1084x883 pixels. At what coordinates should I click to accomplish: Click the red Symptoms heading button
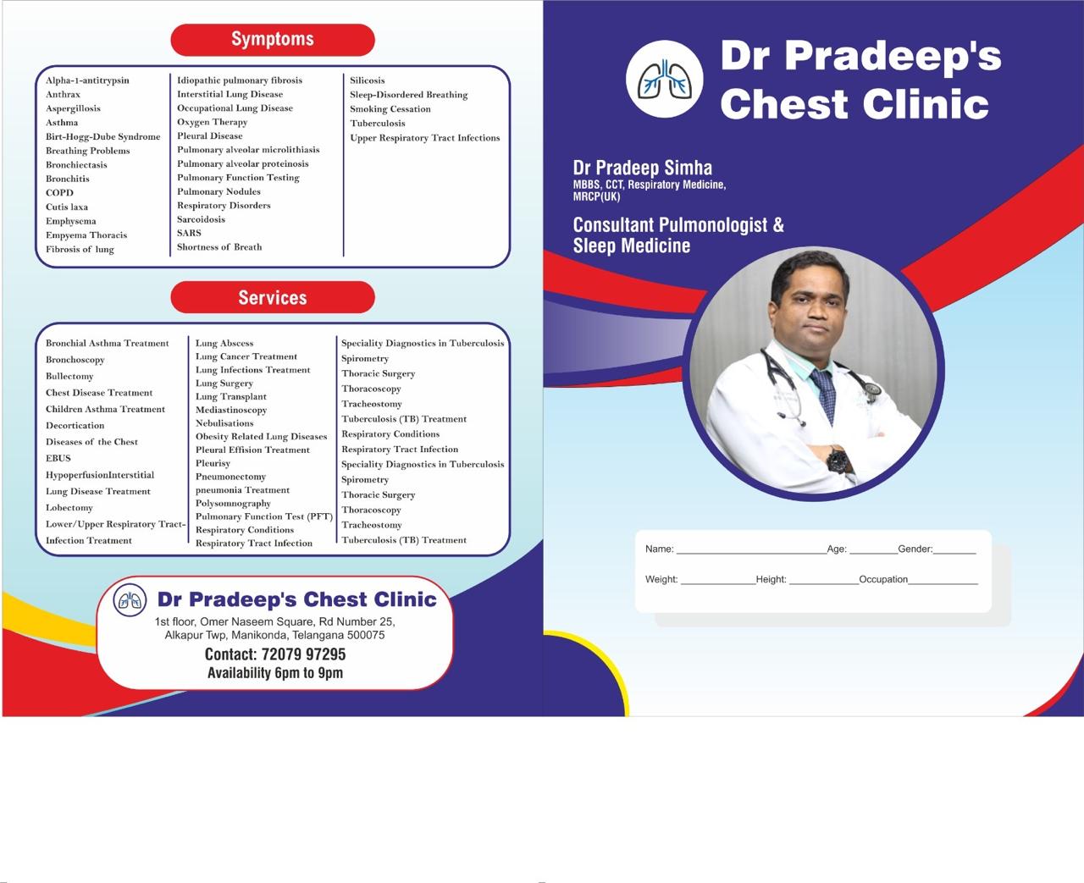(x=273, y=40)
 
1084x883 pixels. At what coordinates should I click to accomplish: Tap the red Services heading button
(x=273, y=297)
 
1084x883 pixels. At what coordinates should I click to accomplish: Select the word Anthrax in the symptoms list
(x=64, y=94)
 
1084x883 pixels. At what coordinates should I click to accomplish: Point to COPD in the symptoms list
(x=59, y=193)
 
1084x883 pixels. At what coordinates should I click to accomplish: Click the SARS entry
(x=189, y=233)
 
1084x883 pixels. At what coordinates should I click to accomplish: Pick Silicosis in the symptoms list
(x=367, y=80)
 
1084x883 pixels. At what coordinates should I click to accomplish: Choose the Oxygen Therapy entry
(x=213, y=122)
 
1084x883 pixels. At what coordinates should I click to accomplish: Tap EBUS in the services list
(x=58, y=458)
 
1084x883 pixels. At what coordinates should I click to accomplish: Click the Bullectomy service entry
(x=69, y=376)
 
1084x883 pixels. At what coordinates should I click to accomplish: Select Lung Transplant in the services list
(x=231, y=396)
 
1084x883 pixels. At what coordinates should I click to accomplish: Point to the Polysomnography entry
(x=233, y=503)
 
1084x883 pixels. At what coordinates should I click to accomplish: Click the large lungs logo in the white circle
(x=665, y=80)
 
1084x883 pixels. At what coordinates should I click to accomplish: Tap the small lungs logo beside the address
(x=130, y=599)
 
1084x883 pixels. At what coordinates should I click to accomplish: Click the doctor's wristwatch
(x=838, y=460)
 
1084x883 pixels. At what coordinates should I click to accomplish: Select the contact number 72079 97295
(x=303, y=654)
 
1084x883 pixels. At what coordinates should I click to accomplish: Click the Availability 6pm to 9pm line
(x=275, y=673)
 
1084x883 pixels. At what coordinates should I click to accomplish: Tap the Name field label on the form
(x=659, y=549)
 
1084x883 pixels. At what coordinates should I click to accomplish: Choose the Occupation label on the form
(x=883, y=579)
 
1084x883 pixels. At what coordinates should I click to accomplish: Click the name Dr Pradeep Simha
(x=642, y=168)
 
